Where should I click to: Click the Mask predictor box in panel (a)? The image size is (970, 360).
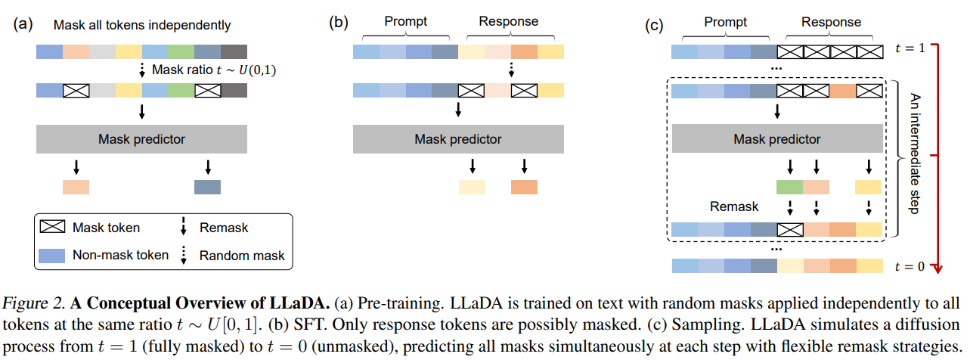(141, 139)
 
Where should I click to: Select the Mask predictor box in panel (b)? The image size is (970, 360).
(457, 139)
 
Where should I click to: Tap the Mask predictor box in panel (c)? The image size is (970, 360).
(776, 139)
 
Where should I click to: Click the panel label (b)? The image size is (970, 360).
(338, 23)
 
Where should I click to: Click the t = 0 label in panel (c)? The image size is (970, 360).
(910, 265)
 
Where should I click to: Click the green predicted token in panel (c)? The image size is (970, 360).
(789, 186)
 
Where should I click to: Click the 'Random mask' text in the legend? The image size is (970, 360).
(242, 256)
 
